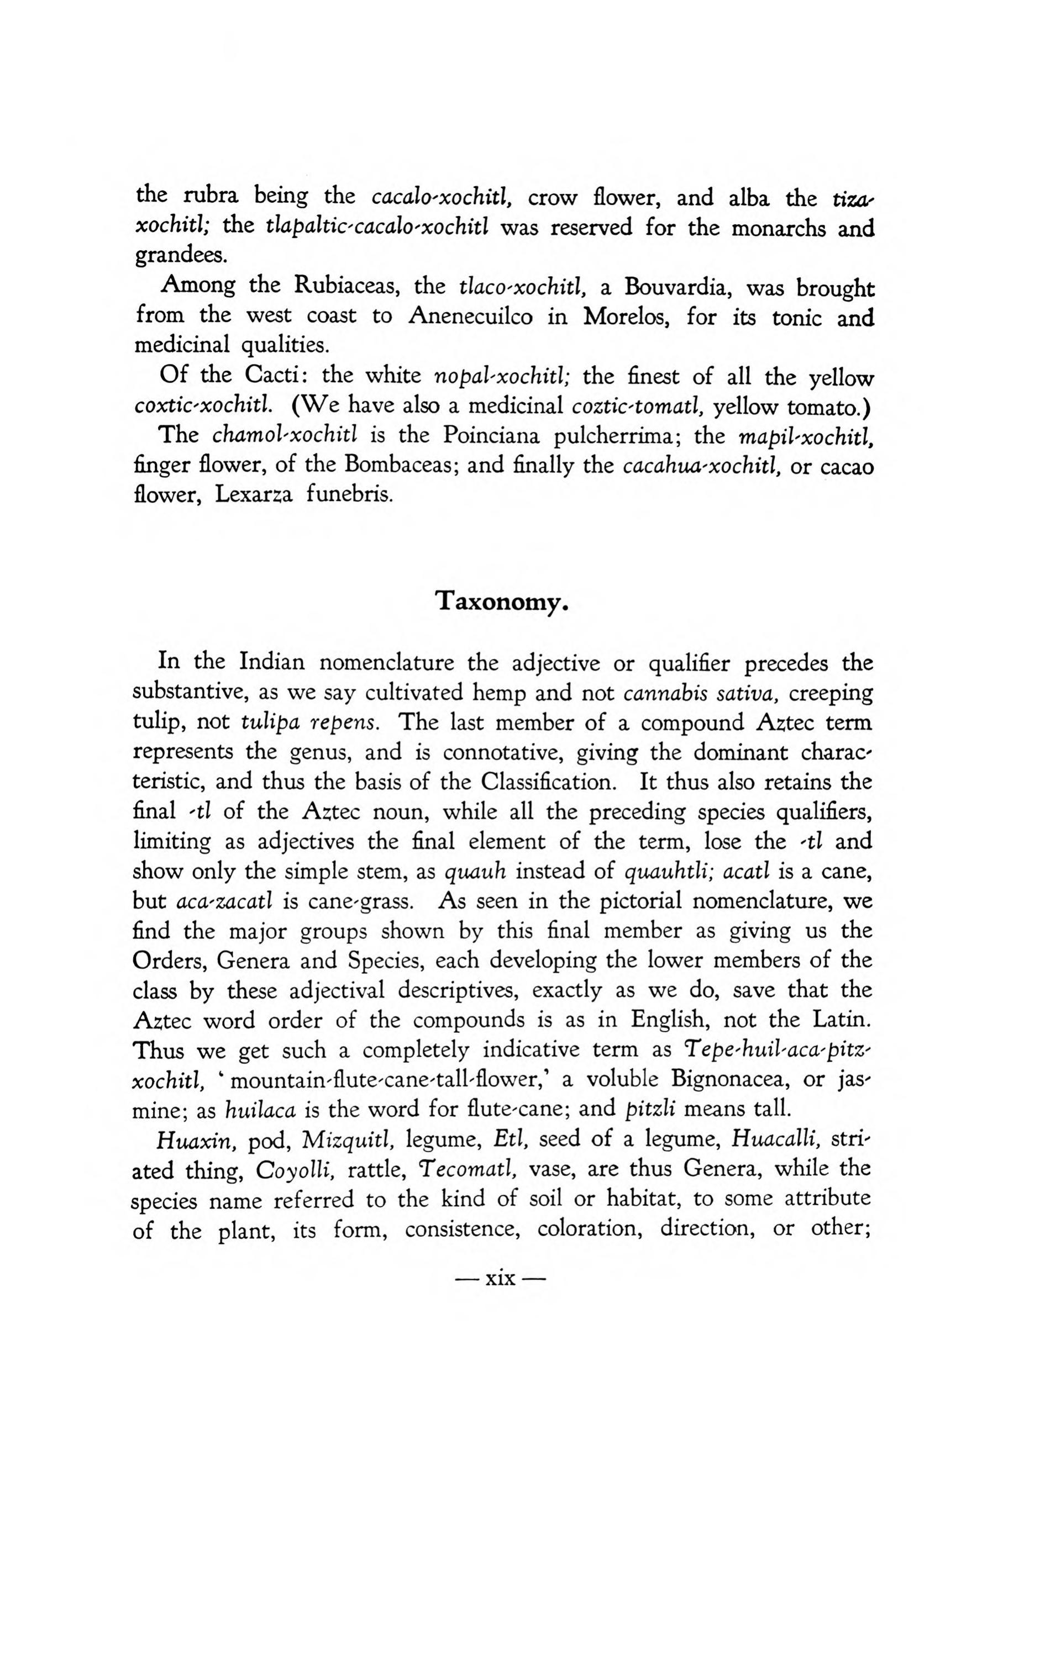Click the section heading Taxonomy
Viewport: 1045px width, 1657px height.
(x=502, y=601)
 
